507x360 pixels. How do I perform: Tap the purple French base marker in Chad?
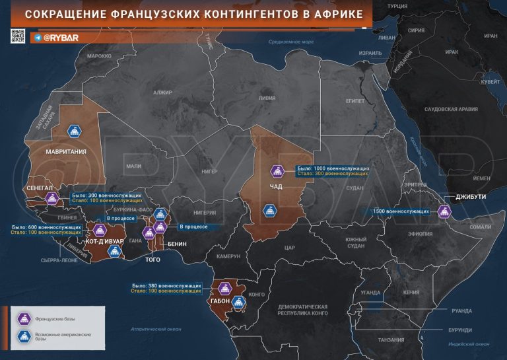click(x=277, y=172)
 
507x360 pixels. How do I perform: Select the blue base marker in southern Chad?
click(x=269, y=211)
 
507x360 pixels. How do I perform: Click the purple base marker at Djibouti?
click(x=444, y=211)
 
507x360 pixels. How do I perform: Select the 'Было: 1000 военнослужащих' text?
click(x=333, y=168)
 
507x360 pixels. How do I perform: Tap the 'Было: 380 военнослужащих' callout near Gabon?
click(x=166, y=285)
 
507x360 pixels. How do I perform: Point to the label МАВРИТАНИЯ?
click(x=65, y=151)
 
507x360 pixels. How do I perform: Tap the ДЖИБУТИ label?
click(x=471, y=197)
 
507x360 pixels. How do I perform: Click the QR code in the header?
click(x=18, y=36)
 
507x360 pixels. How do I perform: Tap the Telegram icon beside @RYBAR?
click(x=37, y=38)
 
